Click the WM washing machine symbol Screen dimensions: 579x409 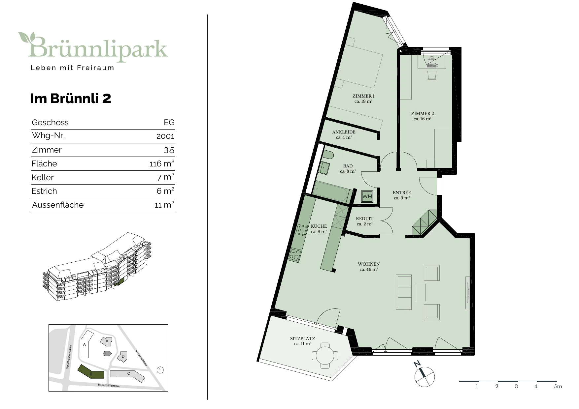pyautogui.click(x=367, y=196)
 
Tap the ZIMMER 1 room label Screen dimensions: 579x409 pyautogui.click(x=363, y=96)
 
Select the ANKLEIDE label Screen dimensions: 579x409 pyautogui.click(x=344, y=132)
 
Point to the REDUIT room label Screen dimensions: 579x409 pyautogui.click(x=364, y=219)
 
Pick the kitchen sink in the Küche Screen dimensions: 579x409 pyautogui.click(x=302, y=231)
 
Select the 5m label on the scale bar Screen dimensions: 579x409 pyautogui.click(x=558, y=387)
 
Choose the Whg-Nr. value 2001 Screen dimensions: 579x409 pyautogui.click(x=165, y=136)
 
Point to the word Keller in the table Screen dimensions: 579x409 pyautogui.click(x=42, y=178)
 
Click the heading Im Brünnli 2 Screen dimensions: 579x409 pyautogui.click(x=71, y=99)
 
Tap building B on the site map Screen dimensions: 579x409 pyautogui.click(x=90, y=372)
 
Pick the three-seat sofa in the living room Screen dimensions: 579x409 pyautogui.click(x=404, y=292)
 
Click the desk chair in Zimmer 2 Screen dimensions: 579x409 pyautogui.click(x=431, y=75)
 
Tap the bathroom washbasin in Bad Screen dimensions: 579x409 pyautogui.click(x=324, y=168)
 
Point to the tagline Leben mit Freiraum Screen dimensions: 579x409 pyautogui.click(x=72, y=68)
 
